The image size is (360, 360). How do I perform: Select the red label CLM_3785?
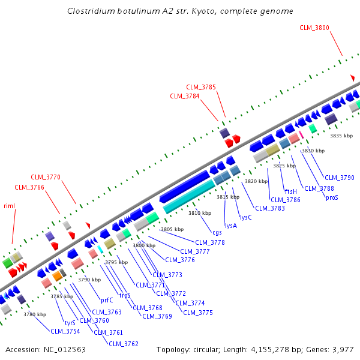(x=201, y=87)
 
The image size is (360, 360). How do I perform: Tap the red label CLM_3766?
(x=29, y=187)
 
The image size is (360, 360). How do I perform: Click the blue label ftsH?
(x=290, y=191)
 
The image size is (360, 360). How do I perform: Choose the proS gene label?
(x=332, y=197)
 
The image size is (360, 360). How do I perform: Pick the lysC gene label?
(x=246, y=217)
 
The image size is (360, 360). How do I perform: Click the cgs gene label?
(x=217, y=232)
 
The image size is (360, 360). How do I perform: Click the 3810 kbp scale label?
(x=200, y=213)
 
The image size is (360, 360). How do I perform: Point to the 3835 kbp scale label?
(x=341, y=136)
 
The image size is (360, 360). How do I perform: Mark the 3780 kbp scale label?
(x=35, y=314)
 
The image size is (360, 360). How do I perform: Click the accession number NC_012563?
(x=64, y=349)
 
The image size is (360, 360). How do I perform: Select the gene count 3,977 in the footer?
(x=342, y=349)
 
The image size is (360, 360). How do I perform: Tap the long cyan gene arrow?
(x=189, y=197)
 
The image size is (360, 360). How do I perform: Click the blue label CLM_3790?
(x=340, y=178)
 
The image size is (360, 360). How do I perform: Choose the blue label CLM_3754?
(x=65, y=331)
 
